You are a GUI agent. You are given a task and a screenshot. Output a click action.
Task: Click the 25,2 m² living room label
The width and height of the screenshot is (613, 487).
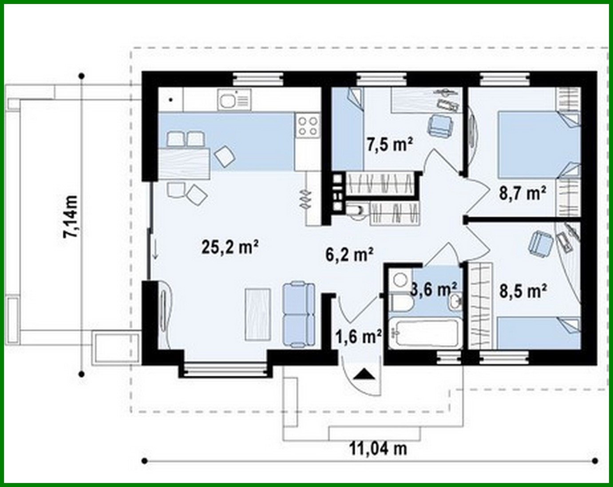click(x=230, y=246)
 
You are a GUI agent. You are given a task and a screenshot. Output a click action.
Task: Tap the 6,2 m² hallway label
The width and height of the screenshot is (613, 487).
click(x=349, y=254)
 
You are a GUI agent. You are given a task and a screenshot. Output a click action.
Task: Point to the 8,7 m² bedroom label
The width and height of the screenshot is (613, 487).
click(x=522, y=193)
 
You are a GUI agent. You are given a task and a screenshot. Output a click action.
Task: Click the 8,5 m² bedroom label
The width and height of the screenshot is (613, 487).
click(x=523, y=291)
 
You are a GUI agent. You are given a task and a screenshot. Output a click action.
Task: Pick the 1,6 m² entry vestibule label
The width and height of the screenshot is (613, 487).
click(x=359, y=337)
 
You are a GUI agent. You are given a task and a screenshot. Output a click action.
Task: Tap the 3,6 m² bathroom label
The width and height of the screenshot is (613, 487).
click(x=433, y=289)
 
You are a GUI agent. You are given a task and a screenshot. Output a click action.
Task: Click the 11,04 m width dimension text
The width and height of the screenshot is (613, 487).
click(x=378, y=448)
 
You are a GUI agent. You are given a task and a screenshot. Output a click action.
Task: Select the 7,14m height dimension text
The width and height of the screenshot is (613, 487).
click(x=71, y=217)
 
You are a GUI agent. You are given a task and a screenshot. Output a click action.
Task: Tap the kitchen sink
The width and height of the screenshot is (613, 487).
click(x=233, y=99)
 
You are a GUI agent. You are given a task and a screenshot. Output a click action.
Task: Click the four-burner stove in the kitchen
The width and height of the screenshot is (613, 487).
click(x=307, y=126)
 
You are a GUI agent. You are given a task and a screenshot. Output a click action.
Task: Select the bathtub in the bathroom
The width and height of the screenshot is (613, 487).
click(x=424, y=333)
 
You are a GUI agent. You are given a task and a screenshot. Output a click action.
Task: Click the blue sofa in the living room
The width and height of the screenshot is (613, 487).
click(x=299, y=314)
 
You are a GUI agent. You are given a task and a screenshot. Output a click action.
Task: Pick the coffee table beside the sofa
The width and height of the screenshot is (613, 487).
click(x=258, y=314)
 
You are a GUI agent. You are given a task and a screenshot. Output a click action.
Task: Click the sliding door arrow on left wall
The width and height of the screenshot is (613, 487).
click(x=155, y=251)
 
